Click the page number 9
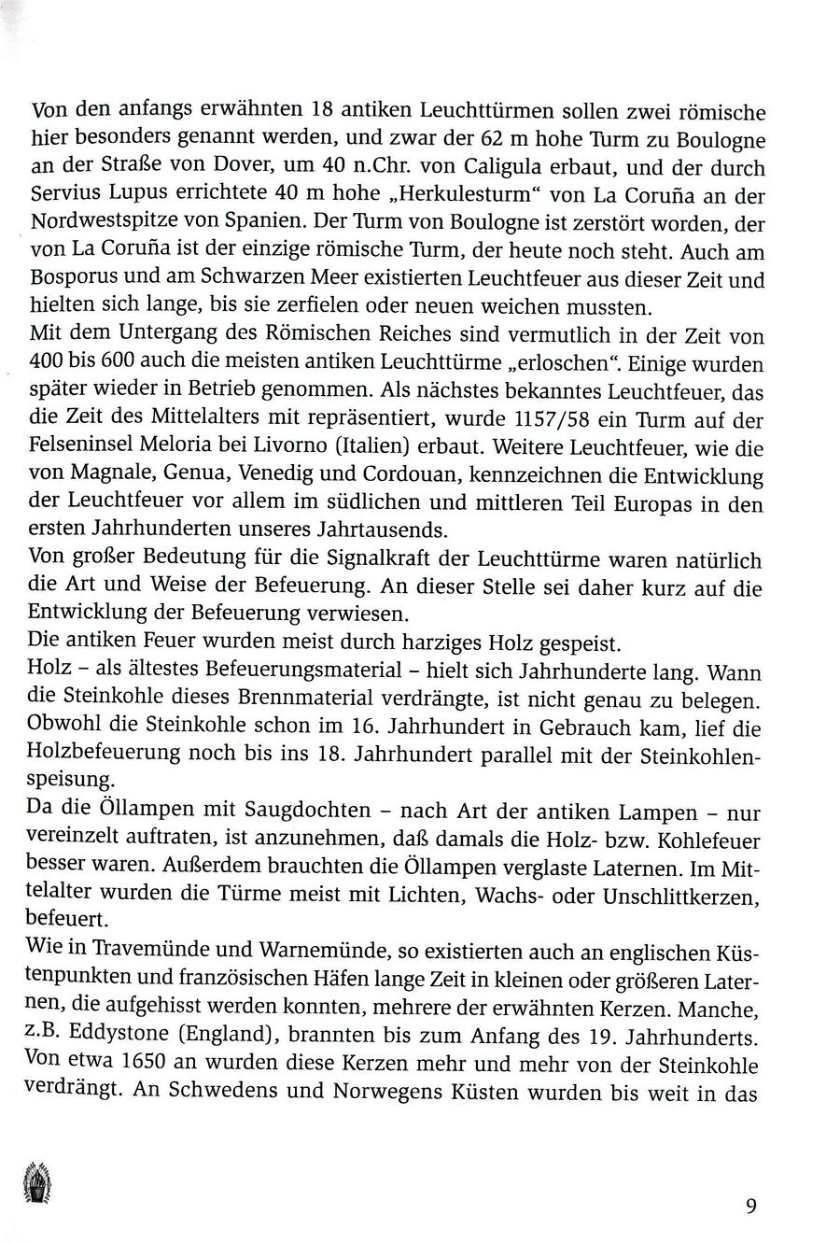pyautogui.click(x=750, y=1204)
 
